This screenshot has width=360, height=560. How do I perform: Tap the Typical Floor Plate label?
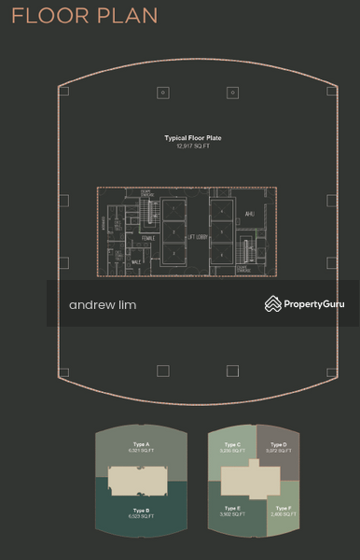click(x=193, y=138)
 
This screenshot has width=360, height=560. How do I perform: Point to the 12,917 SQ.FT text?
click(x=193, y=146)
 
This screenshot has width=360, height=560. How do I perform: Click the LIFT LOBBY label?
click(x=197, y=238)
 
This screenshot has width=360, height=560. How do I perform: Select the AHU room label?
click(x=248, y=212)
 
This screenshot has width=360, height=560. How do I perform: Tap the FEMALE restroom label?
click(x=147, y=238)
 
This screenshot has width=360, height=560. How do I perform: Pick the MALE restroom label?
click(x=136, y=262)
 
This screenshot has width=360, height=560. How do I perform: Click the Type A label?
click(x=142, y=444)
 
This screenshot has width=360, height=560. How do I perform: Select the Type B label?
click(x=142, y=510)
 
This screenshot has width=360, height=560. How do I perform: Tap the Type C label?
click(x=232, y=444)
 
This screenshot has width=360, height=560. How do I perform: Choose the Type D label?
click(x=277, y=444)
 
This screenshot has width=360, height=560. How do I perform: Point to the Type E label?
click(x=232, y=508)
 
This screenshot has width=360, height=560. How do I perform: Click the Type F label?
click(x=283, y=508)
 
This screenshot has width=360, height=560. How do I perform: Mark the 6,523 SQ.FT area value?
click(x=142, y=516)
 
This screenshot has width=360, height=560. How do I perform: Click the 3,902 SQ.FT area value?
click(x=232, y=514)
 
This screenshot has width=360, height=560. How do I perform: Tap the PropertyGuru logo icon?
click(x=273, y=303)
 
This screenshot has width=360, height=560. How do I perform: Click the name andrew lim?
click(x=103, y=305)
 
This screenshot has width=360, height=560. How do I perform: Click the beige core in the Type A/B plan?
click(x=141, y=480)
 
